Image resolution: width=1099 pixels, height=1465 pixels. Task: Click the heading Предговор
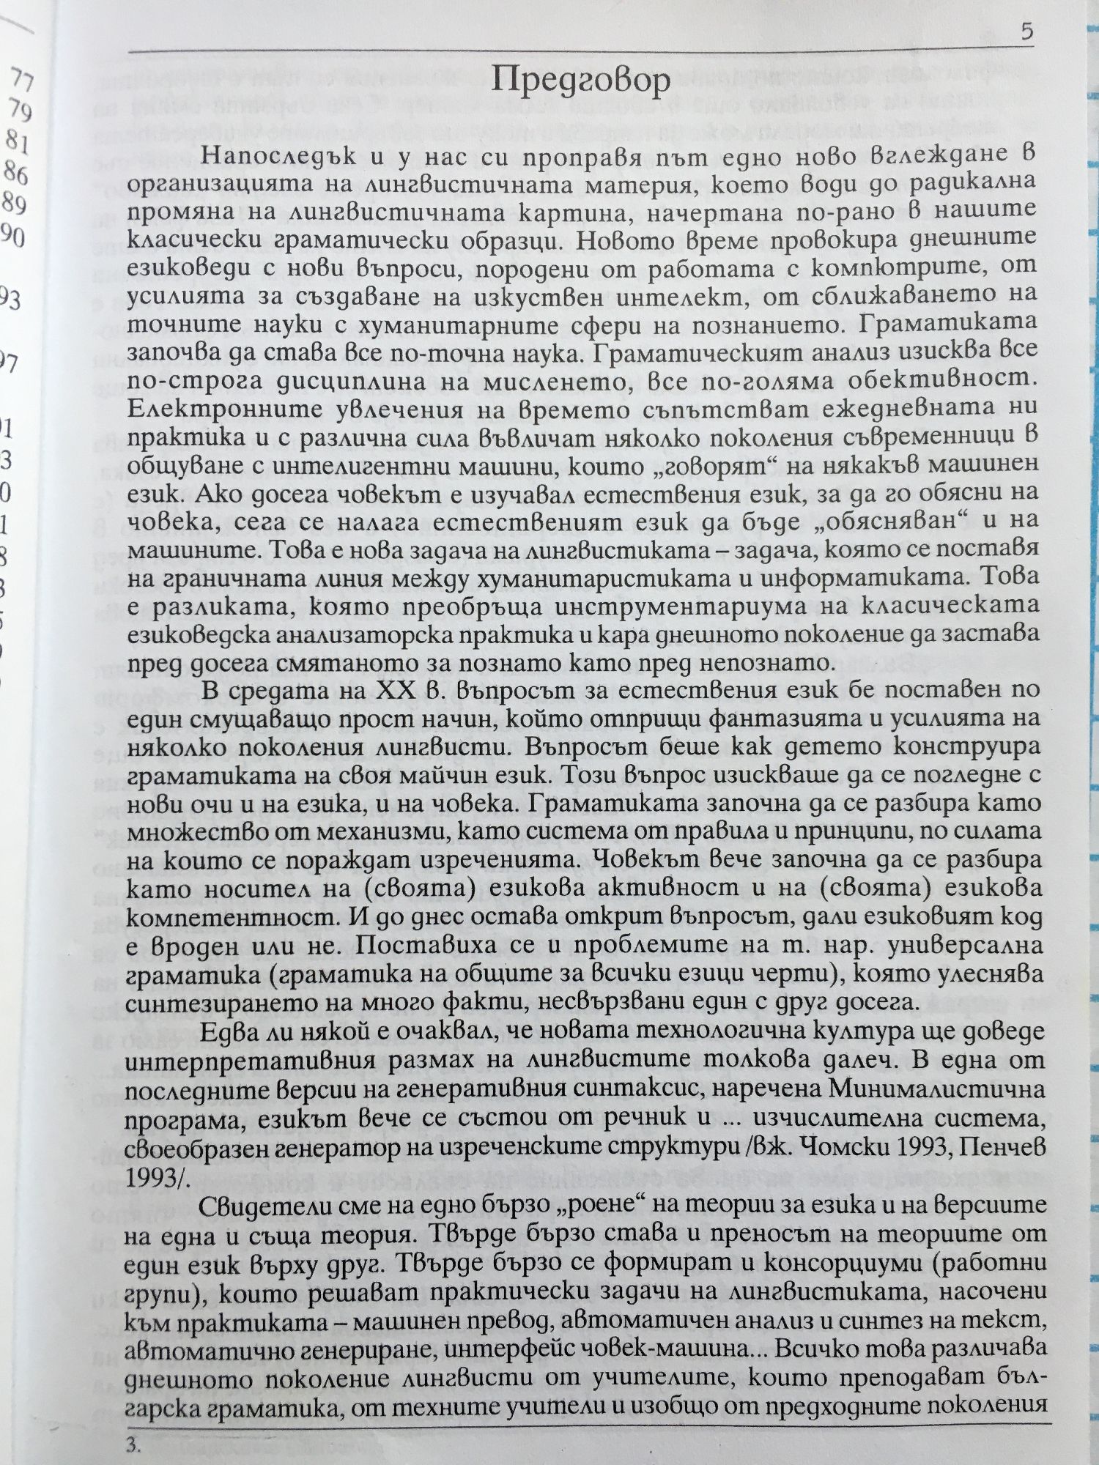(580, 80)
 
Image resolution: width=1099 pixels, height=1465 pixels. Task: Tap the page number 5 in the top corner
(1026, 31)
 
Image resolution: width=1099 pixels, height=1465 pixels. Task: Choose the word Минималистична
(937, 1088)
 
